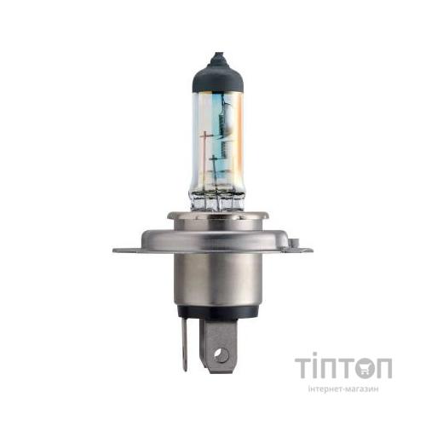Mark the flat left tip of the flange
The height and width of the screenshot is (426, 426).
pyautogui.click(x=118, y=250)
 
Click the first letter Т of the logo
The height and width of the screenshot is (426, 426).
pyautogui.click(x=305, y=367)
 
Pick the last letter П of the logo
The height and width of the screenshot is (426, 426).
pyautogui.click(x=383, y=367)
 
